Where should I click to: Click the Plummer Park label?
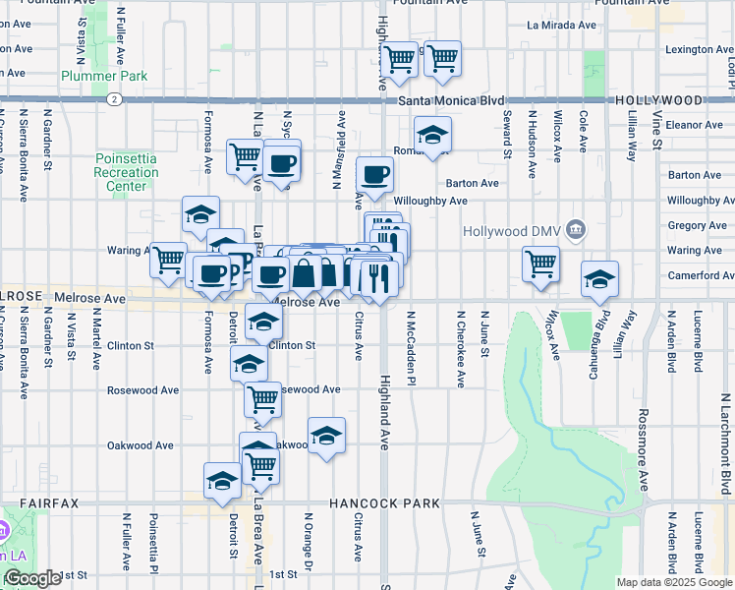(104, 76)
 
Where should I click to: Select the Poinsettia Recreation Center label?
(126, 173)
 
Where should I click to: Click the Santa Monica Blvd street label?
(452, 100)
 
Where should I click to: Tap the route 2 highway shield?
(115, 99)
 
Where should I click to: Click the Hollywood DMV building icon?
(576, 231)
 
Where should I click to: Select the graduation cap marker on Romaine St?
(432, 137)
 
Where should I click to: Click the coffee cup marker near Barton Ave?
(374, 176)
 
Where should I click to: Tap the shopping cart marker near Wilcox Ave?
(540, 264)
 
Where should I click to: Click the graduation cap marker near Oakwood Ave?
(326, 435)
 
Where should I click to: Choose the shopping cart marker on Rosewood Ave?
(262, 399)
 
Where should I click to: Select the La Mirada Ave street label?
(561, 25)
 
